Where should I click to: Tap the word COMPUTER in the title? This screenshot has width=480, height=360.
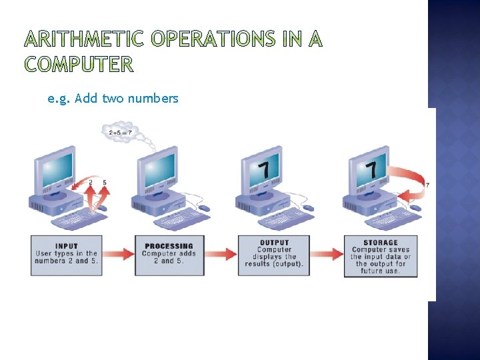(79, 64)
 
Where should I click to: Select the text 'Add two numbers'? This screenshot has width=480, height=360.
(127, 99)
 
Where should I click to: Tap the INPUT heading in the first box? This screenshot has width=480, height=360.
(67, 246)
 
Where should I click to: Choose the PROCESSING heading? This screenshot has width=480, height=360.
(169, 246)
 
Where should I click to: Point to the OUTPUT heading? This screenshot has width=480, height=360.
(274, 243)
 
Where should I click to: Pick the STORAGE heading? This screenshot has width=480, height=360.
(381, 243)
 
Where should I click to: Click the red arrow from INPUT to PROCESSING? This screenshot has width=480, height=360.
(119, 254)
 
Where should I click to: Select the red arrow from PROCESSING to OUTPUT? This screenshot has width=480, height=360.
(223, 254)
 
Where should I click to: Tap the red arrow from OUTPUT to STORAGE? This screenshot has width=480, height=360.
(327, 254)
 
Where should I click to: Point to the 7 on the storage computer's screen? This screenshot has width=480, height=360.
(371, 169)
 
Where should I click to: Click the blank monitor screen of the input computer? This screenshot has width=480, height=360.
(57, 167)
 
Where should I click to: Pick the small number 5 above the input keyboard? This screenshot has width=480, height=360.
(105, 182)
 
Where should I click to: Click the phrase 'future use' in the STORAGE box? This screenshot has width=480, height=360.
(381, 271)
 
